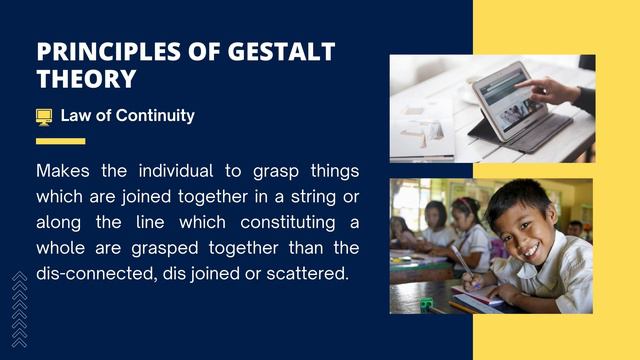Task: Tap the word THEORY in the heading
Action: [x=86, y=79]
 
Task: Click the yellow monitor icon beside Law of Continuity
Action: [x=44, y=116]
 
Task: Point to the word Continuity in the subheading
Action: [x=155, y=116]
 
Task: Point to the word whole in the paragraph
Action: [x=62, y=247]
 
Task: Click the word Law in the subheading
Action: [x=77, y=116]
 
